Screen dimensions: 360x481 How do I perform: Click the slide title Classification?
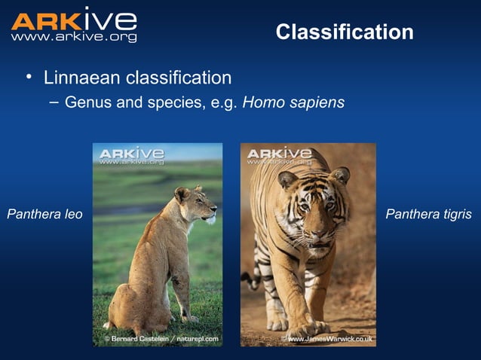pos(345,32)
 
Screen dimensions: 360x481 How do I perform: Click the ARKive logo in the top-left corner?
pos(73,20)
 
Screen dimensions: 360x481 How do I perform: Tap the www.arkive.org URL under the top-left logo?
pos(73,37)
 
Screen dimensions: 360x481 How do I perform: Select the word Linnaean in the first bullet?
pos(80,78)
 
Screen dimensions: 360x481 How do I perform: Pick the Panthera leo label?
pos(44,215)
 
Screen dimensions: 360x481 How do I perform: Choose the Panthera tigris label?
pos(428,215)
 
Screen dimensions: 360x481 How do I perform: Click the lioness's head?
pos(194,205)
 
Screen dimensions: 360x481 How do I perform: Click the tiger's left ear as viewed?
pos(286,179)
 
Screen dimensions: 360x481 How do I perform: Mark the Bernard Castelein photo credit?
pos(161,339)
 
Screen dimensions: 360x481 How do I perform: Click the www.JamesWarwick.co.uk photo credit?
pos(326,340)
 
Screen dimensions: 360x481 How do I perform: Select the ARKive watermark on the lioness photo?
pos(131,156)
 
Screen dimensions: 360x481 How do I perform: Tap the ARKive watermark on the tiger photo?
pos(279,156)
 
